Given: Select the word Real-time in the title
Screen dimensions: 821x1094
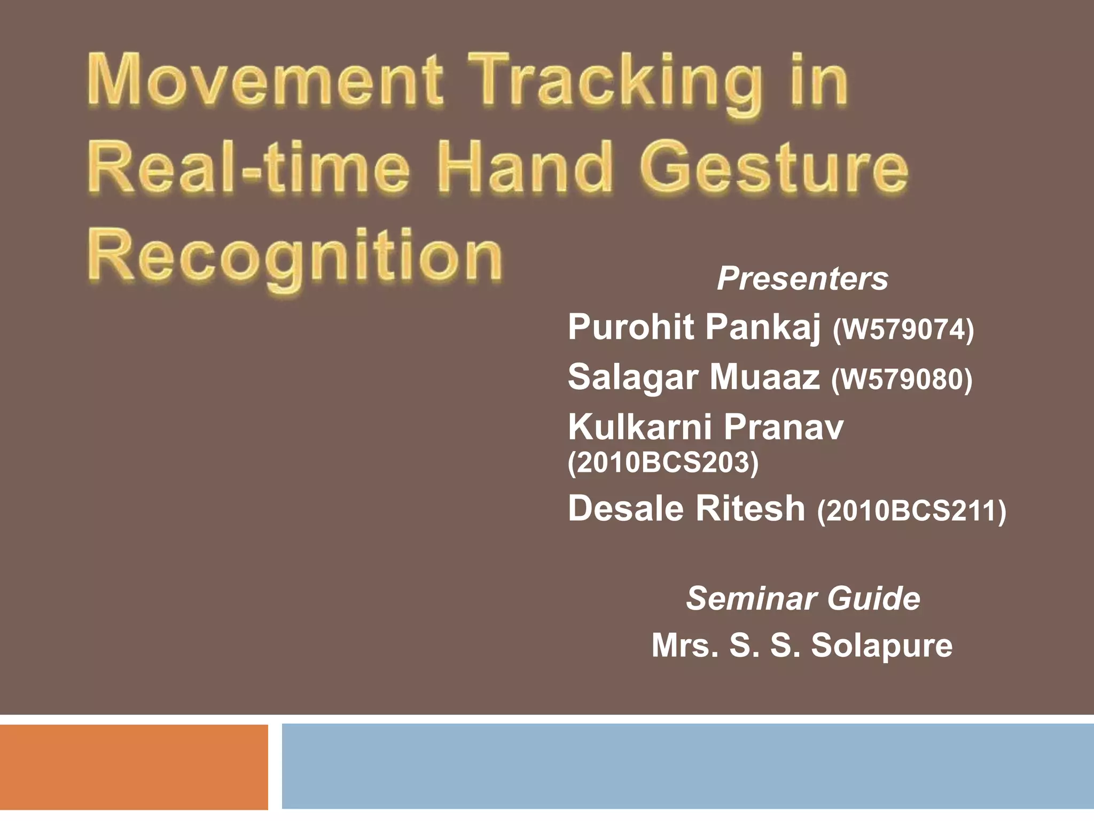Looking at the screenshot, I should tap(249, 167).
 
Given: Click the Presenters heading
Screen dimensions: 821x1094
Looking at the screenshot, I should tap(802, 278).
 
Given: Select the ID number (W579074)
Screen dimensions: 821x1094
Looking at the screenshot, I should tap(903, 329).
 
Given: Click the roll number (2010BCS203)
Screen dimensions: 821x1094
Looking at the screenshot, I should tap(663, 462).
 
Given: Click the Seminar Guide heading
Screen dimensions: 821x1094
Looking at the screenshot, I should tap(803, 598).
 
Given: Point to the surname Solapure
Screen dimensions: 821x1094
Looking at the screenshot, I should tap(881, 645).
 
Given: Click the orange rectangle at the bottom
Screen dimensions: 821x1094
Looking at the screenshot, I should tap(134, 766).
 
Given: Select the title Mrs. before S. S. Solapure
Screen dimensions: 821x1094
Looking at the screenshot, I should tap(685, 645).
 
